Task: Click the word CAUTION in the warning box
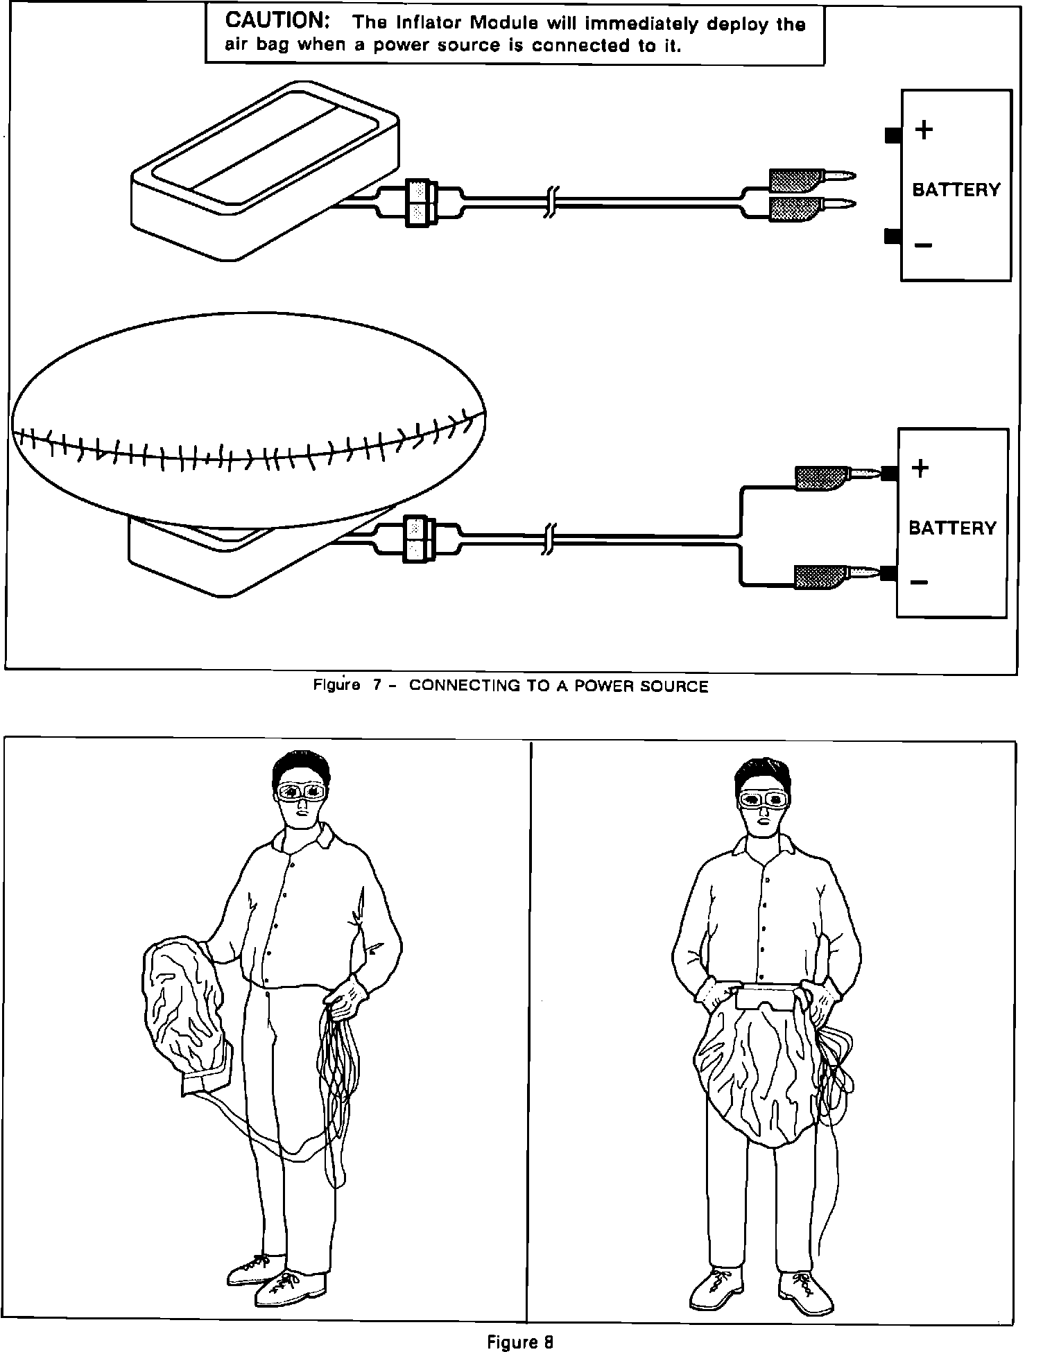pyautogui.click(x=277, y=21)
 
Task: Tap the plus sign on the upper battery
pyautogui.click(x=924, y=130)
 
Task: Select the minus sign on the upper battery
pyautogui.click(x=923, y=245)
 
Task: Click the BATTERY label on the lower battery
pyautogui.click(x=951, y=528)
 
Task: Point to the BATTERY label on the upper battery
pyautogui.click(x=956, y=190)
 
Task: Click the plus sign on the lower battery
pyautogui.click(x=920, y=469)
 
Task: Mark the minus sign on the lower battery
pyautogui.click(x=919, y=582)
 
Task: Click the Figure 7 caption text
pyautogui.click(x=510, y=686)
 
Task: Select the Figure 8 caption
pyautogui.click(x=520, y=1342)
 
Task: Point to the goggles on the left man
pyautogui.click(x=300, y=790)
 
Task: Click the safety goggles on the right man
pyautogui.click(x=762, y=799)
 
